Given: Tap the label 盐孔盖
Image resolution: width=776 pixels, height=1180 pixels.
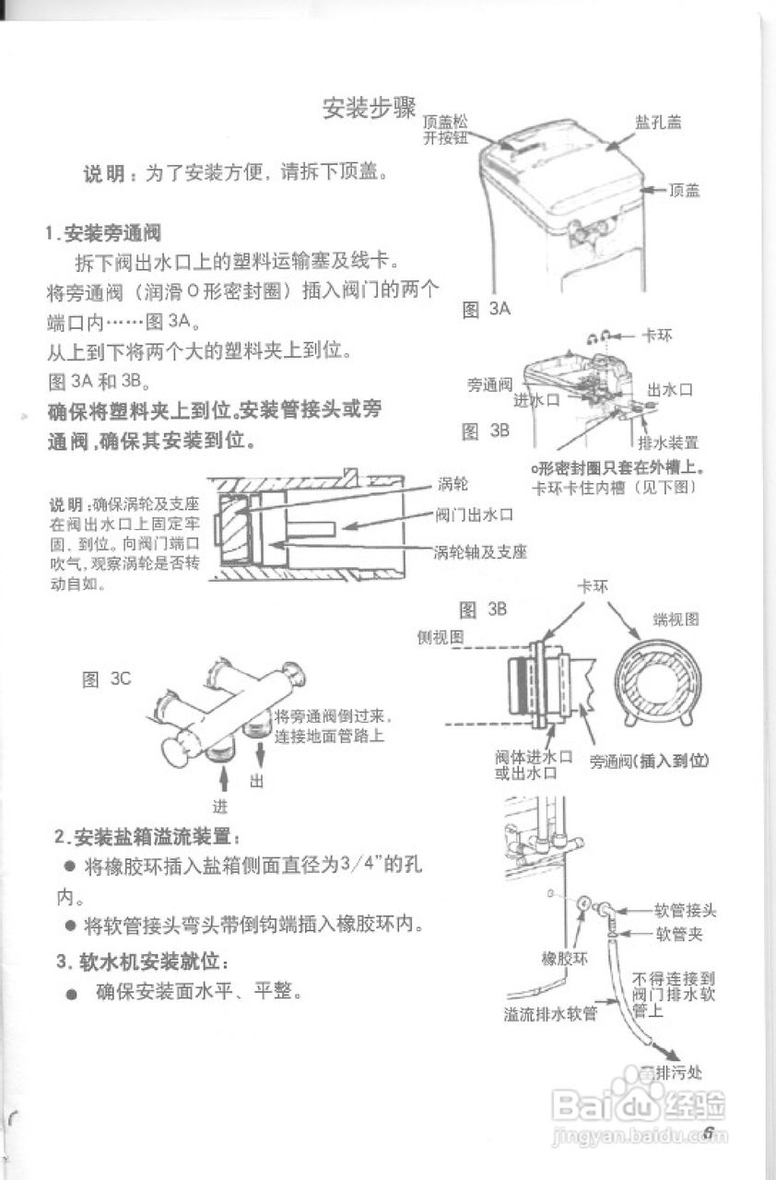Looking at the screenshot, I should point(657,123).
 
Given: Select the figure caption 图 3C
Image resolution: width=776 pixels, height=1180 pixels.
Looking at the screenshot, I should point(107,679).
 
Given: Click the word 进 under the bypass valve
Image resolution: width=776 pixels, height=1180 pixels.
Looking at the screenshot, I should point(220,805).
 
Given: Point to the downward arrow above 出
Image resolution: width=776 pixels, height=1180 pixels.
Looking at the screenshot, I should point(260,750).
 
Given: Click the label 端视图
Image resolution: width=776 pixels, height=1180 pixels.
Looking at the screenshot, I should point(676,619).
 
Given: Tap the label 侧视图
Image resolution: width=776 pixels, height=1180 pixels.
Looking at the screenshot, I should point(440,637).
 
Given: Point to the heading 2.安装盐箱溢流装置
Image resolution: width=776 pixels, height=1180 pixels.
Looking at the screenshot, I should point(147,837).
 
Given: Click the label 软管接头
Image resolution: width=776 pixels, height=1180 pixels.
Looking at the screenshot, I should point(685,910).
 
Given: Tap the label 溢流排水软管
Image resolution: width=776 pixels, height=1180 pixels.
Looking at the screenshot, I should point(550,1014).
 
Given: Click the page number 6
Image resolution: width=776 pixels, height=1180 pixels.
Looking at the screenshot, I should point(709,1132).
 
